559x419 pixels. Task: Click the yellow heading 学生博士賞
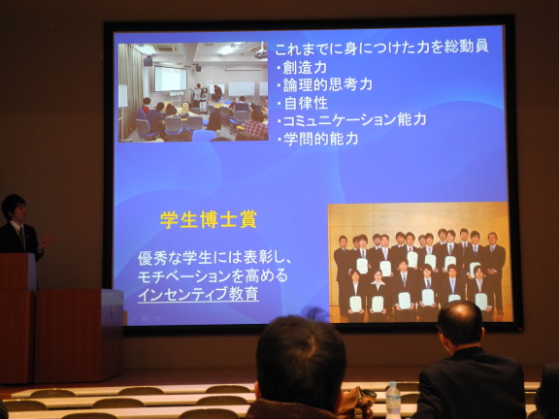point(209,220)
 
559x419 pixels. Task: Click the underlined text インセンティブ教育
point(198,294)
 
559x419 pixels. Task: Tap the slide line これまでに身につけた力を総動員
point(381,48)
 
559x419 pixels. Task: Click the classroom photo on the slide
point(193,92)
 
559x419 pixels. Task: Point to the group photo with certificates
point(419,263)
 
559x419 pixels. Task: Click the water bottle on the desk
point(393,400)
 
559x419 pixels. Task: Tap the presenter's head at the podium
point(15,208)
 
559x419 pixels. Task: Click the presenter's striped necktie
point(21,238)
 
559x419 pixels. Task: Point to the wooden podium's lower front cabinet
point(80,336)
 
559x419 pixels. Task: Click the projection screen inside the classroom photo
point(171,79)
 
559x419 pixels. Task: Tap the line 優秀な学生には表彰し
point(214,258)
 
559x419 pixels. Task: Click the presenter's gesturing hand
point(46,242)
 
